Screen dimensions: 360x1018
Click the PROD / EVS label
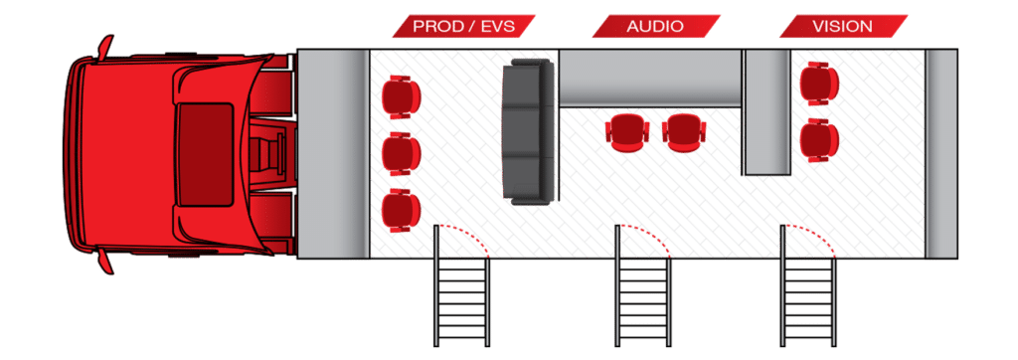point(462,26)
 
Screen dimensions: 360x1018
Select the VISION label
point(843,26)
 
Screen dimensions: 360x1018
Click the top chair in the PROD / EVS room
point(400,95)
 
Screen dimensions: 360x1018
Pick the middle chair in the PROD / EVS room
point(400,151)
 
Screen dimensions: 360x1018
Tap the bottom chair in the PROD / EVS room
point(400,208)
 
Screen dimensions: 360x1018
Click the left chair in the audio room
point(626,131)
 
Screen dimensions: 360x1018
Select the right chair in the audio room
point(683,131)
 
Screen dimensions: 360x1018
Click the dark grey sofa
point(527,131)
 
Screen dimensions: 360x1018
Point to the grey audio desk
point(651,78)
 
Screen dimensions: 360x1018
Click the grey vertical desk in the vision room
point(766,111)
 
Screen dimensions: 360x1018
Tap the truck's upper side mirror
point(105,46)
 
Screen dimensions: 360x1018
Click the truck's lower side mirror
point(105,261)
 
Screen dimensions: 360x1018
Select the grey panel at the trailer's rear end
point(941,153)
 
